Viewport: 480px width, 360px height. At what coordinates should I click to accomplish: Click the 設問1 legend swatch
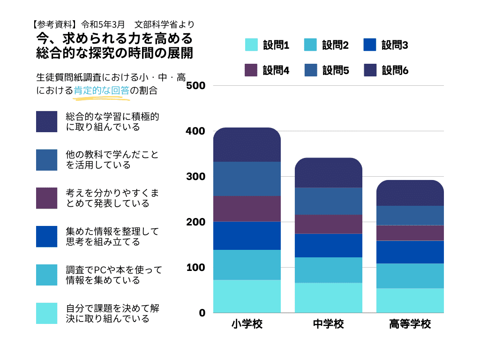tap(252, 45)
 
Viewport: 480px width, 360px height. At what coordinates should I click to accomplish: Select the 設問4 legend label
tap(276, 70)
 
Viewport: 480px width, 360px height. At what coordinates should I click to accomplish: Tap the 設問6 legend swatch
tap(370, 70)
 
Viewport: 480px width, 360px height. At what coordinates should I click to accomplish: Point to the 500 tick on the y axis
tap(196, 86)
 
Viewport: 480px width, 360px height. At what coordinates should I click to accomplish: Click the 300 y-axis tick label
tap(196, 177)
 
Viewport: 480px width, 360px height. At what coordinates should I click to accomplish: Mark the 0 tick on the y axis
tap(202, 313)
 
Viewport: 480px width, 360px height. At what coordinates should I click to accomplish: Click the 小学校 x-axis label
tap(247, 324)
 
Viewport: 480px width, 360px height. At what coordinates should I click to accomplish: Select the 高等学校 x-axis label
tap(410, 324)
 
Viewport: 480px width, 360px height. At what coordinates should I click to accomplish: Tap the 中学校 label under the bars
tap(328, 324)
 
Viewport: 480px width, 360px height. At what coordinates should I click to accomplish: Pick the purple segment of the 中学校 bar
tap(328, 224)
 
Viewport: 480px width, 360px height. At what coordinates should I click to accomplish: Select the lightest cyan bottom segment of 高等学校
tap(410, 300)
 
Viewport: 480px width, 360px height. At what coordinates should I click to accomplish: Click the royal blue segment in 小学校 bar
tap(247, 236)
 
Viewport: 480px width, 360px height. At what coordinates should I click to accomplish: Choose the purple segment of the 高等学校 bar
tap(410, 233)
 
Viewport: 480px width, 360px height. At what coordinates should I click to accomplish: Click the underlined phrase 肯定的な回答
tap(101, 91)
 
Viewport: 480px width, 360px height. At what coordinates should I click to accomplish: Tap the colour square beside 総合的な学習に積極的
tap(47, 122)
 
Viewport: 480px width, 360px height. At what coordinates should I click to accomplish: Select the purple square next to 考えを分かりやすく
tap(47, 198)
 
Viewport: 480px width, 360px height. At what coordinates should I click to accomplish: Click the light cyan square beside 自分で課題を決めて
tap(47, 313)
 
